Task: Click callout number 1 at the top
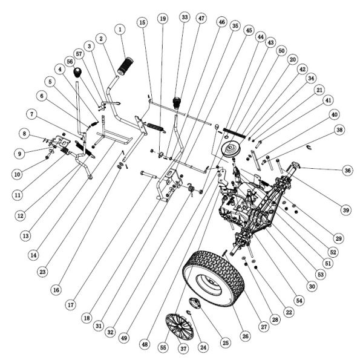(120, 29)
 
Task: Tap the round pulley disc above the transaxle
(230, 150)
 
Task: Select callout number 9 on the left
(19, 153)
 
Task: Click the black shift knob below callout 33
(178, 101)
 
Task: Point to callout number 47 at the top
(201, 19)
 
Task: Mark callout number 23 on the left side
(42, 273)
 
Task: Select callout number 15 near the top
(142, 22)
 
